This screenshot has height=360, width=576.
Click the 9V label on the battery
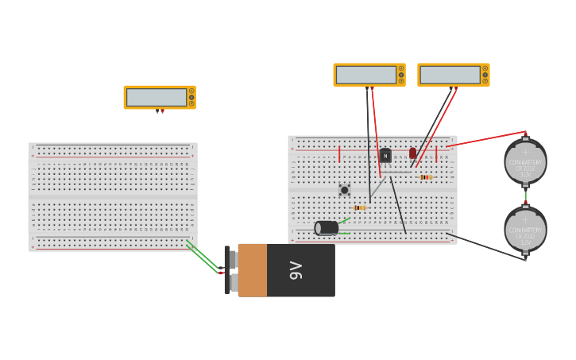tap(296, 270)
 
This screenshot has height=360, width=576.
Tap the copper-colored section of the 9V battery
tap(252, 270)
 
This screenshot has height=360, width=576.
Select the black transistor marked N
tap(385, 155)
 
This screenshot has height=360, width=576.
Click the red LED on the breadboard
tap(412, 153)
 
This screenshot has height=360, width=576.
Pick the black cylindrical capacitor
tap(327, 228)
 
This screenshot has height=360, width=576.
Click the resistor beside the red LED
tap(426, 176)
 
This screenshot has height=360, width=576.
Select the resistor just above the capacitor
tap(359, 208)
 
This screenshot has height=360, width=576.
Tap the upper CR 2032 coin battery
tap(525, 162)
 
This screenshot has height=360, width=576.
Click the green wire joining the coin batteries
tap(525, 195)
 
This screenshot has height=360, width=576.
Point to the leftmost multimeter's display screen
tap(157, 97)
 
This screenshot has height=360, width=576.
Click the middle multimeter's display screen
tap(366, 75)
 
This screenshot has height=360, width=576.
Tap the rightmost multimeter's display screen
tap(450, 75)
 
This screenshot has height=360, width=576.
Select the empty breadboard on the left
tap(113, 196)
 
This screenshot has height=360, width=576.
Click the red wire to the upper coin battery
tap(485, 139)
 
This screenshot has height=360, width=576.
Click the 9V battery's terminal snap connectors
tap(231, 270)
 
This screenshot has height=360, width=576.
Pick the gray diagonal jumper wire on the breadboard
tap(378, 187)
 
